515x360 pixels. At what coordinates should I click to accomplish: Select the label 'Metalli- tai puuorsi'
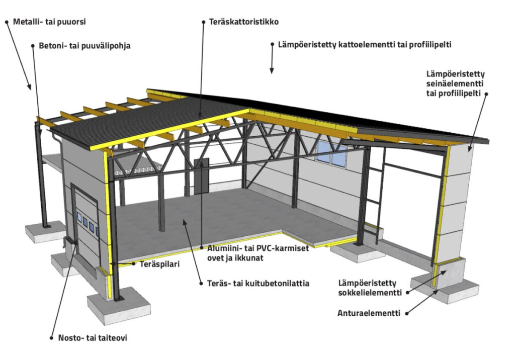pyautogui.click(x=49, y=22)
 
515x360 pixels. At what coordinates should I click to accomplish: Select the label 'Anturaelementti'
pyautogui.click(x=369, y=313)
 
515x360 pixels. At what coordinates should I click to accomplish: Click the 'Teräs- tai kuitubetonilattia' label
pyautogui.click(x=258, y=283)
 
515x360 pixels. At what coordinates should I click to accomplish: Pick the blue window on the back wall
pyautogui.click(x=331, y=153)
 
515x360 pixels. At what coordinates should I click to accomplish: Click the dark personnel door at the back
pyautogui.click(x=201, y=175)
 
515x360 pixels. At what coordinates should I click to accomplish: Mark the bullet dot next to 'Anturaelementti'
pyautogui.click(x=407, y=313)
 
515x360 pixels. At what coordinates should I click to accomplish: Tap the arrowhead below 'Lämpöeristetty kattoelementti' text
pyautogui.click(x=272, y=70)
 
